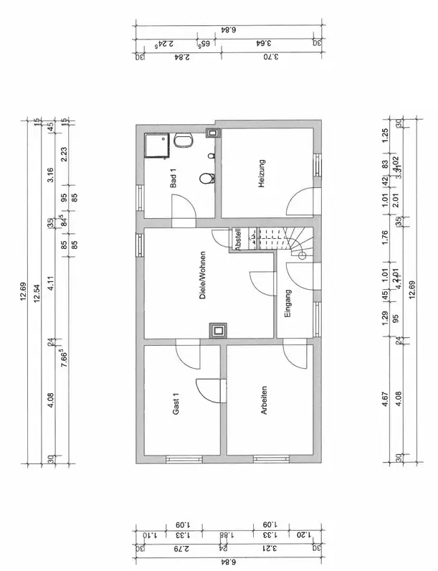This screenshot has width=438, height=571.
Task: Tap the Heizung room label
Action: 262,174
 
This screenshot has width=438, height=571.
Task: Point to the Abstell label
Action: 237,240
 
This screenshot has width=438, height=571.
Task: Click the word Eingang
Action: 287,303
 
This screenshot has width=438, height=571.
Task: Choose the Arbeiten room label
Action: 265,400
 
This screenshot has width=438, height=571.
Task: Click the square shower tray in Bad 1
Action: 157,147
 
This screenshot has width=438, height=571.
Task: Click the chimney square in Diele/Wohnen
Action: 216,330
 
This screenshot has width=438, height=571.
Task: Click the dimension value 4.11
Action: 51,283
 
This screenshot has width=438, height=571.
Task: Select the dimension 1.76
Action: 385,237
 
